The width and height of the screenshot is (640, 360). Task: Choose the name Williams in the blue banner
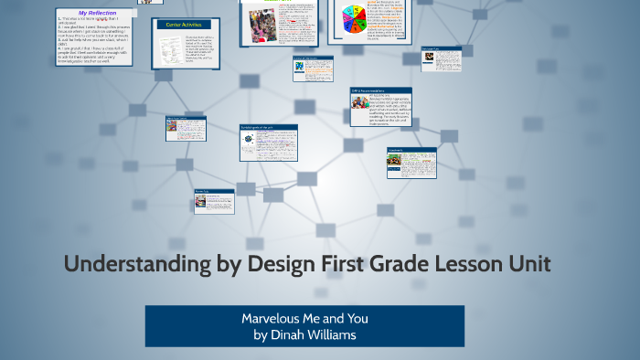(330, 334)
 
